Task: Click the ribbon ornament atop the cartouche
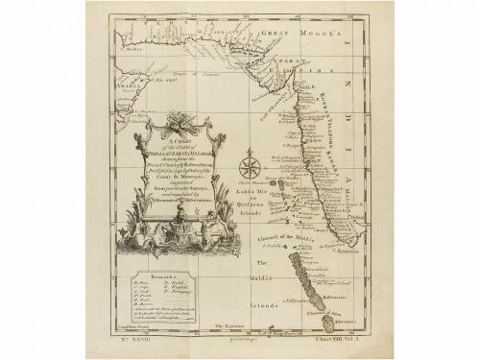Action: [178, 122]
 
